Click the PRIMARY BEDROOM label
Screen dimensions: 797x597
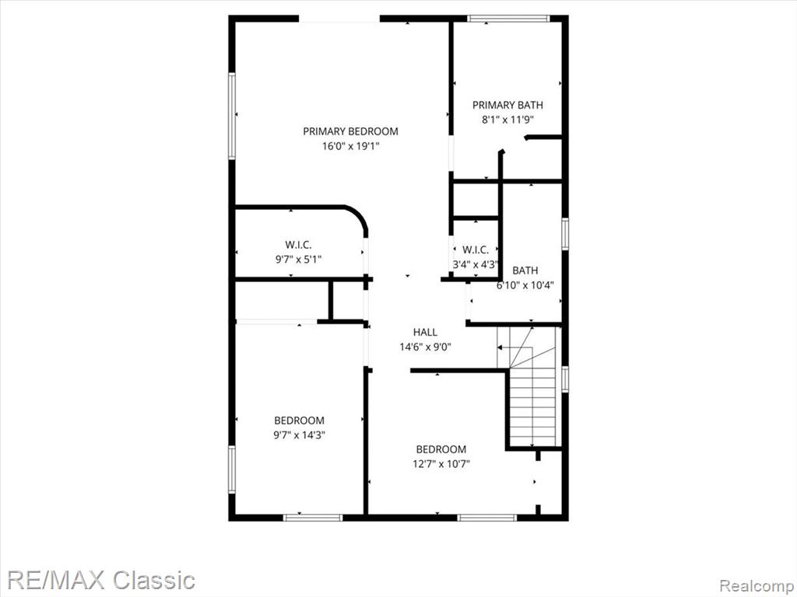click(x=350, y=131)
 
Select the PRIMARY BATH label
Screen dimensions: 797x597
click(x=507, y=105)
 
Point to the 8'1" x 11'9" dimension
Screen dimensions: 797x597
click(x=507, y=120)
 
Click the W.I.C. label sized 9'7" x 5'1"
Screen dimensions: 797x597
click(x=298, y=245)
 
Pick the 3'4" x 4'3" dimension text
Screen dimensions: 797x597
click(x=476, y=264)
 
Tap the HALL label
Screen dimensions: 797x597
click(x=425, y=333)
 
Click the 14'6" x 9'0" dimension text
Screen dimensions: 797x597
click(x=425, y=347)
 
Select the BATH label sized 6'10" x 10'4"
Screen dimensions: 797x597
click(x=525, y=271)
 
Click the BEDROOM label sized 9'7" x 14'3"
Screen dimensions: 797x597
click(x=300, y=421)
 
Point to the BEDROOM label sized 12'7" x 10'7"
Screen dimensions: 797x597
click(x=441, y=449)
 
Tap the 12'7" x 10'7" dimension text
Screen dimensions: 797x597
click(x=441, y=464)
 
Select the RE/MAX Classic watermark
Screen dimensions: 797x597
click(x=102, y=580)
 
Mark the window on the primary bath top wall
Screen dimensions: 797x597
click(x=508, y=19)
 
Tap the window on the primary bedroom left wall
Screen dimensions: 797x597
click(x=232, y=116)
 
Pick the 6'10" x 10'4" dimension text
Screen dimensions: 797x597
click(x=525, y=285)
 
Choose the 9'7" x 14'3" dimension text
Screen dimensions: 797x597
click(x=300, y=435)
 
